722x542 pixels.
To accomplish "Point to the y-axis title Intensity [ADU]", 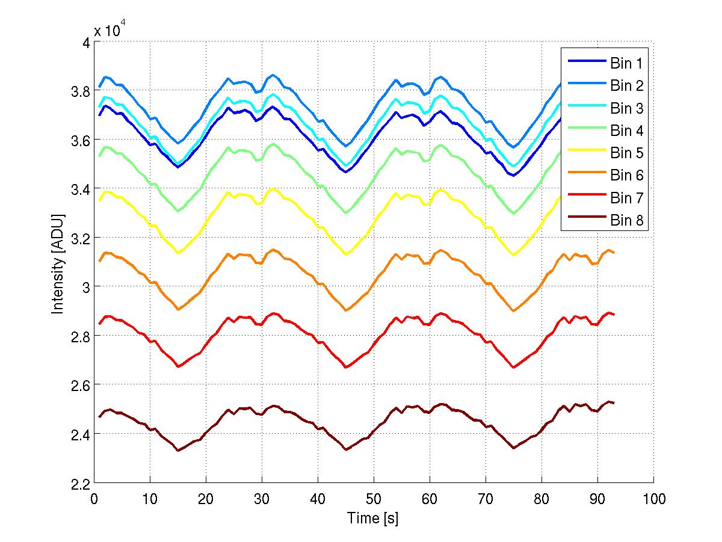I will [x=58, y=263].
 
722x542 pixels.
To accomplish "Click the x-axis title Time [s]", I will [x=373, y=518].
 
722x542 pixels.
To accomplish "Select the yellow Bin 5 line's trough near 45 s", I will [x=346, y=254].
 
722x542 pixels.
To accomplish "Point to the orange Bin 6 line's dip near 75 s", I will [x=514, y=310].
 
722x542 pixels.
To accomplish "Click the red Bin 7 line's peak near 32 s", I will [x=274, y=313].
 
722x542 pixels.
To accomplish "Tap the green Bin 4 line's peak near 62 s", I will [x=441, y=145].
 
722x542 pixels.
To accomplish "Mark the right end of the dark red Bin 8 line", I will [x=614, y=402].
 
